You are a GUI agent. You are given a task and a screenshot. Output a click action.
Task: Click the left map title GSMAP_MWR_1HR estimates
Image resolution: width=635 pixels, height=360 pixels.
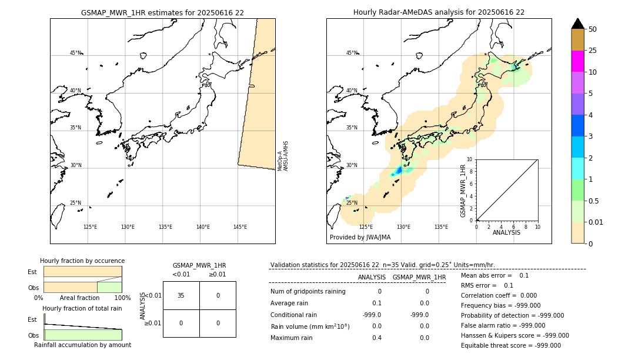[x=162, y=12]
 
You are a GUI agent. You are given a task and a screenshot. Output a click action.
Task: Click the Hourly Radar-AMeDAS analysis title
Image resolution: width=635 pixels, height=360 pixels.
[x=439, y=12]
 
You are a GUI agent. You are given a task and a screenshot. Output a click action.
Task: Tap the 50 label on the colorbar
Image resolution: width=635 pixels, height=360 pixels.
[x=593, y=29]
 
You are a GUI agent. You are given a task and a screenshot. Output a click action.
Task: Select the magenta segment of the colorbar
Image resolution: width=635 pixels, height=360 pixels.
[x=577, y=61]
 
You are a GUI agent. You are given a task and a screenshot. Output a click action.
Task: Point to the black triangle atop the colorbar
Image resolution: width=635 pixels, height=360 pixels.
[x=577, y=24]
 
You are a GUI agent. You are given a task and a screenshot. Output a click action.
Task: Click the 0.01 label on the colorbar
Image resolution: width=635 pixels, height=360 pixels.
[x=596, y=222]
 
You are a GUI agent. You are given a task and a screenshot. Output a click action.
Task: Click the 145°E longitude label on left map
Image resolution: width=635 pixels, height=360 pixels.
[x=240, y=227]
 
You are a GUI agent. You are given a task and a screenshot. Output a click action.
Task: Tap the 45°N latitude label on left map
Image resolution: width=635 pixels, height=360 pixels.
[x=75, y=53]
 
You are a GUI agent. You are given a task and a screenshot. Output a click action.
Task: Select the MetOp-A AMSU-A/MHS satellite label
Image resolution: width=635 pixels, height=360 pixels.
[x=283, y=156]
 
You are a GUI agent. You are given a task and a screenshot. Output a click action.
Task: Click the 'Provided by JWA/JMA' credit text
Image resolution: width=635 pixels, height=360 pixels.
[x=360, y=237]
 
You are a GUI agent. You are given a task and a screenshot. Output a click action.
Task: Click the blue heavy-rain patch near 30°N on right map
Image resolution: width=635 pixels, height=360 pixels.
[x=398, y=171]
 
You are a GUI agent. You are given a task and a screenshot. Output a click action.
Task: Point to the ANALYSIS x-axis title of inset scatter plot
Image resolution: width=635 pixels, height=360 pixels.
[x=506, y=232]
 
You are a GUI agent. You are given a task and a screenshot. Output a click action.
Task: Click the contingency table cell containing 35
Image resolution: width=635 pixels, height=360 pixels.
[x=181, y=295]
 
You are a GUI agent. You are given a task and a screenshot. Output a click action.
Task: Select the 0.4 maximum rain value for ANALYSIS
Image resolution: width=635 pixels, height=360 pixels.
[x=376, y=338]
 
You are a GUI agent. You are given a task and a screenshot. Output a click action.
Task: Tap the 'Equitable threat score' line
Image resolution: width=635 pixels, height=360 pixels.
[x=510, y=345]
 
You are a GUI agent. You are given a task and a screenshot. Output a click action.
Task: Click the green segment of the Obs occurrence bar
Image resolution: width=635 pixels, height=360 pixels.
[x=109, y=287]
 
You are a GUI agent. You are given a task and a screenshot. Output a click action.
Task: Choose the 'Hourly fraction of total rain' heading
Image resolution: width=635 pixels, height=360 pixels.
[x=82, y=308]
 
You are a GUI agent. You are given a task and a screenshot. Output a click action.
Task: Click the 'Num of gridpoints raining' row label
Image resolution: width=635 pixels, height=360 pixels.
[x=308, y=291]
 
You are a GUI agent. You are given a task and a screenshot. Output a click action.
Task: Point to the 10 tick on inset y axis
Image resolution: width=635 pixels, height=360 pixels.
[x=469, y=159]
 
